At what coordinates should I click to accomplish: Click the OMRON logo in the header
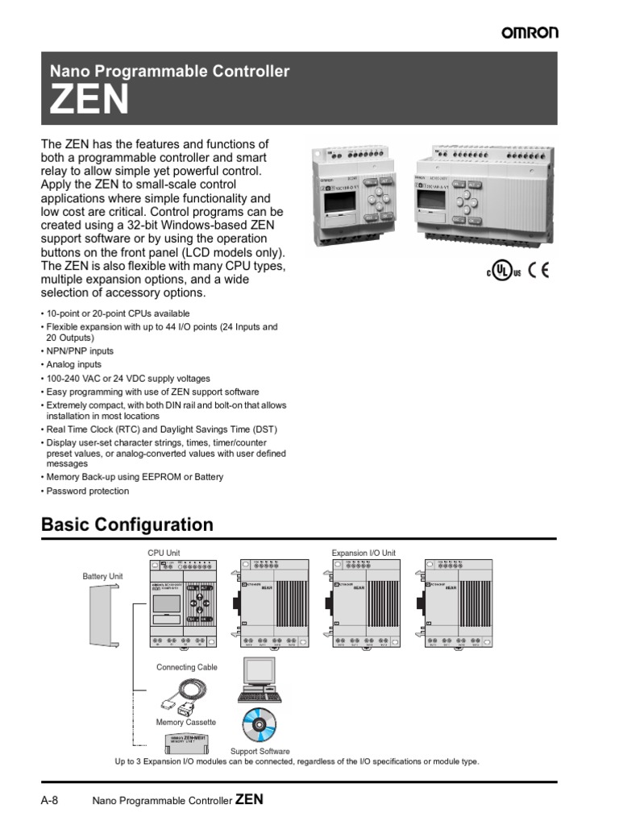click(530, 32)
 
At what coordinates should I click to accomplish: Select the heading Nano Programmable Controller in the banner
click(169, 72)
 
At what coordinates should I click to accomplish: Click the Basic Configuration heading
click(127, 525)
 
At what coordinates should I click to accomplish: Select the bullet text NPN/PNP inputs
click(80, 351)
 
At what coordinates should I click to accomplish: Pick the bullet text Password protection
click(87, 491)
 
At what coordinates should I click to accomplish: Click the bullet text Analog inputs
click(74, 365)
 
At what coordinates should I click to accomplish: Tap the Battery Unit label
click(102, 577)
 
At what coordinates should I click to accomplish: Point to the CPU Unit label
click(164, 553)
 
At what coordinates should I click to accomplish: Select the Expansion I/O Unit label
click(364, 553)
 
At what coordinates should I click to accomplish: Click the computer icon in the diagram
click(259, 681)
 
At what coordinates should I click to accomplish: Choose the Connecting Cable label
click(187, 667)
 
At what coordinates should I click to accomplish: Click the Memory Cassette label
click(185, 723)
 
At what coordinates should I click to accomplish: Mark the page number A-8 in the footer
click(50, 801)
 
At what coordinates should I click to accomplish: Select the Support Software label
click(260, 752)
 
